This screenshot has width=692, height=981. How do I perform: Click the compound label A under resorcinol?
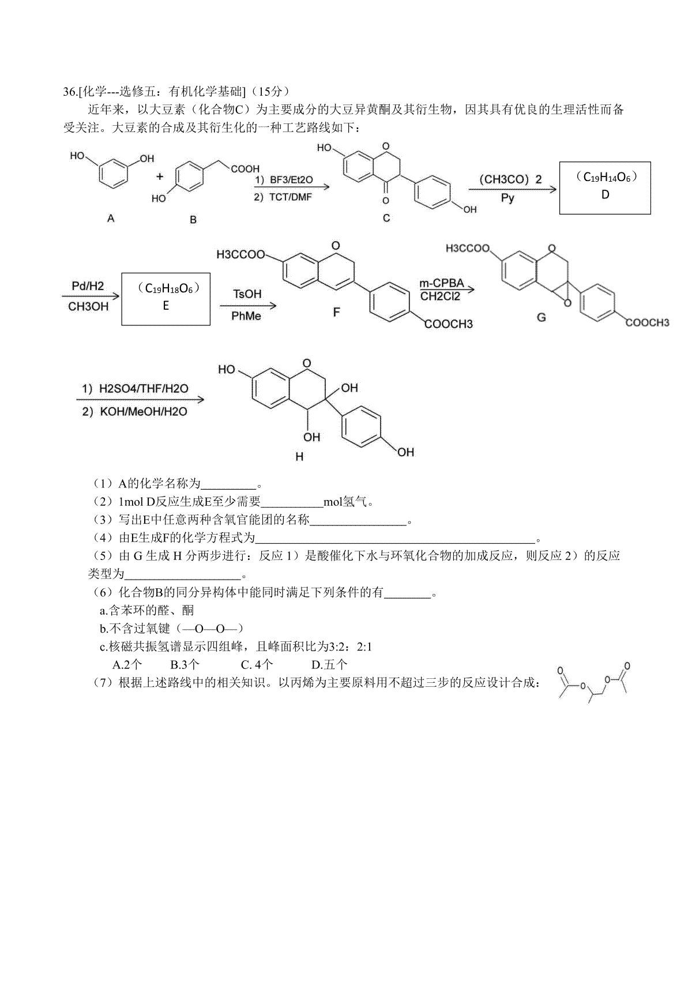tap(111, 218)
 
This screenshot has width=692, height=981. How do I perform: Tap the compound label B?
tap(193, 220)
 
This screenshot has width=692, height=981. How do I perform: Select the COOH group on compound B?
tap(245, 168)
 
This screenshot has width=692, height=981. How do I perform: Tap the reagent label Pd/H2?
tap(88, 286)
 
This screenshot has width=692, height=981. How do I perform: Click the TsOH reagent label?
tap(247, 294)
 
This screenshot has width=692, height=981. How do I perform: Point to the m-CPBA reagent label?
tap(442, 283)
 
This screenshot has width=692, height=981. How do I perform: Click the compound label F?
tap(336, 312)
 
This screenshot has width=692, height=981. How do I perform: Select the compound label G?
tap(541, 317)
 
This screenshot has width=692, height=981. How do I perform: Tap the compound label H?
tap(299, 457)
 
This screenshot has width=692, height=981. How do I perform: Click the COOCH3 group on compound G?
tap(648, 323)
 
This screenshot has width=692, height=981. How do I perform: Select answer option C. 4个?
tap(257, 665)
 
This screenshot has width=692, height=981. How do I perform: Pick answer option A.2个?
tap(127, 665)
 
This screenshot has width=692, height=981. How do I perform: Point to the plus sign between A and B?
tap(160, 176)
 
